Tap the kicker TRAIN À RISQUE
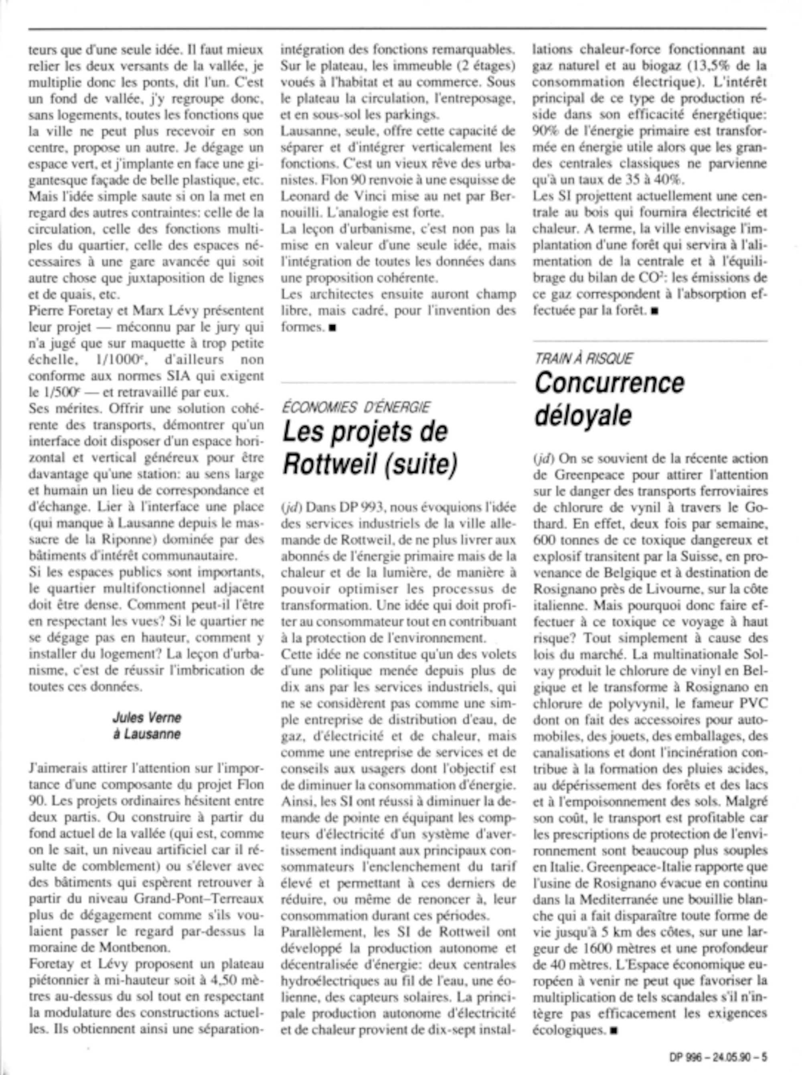(x=583, y=359)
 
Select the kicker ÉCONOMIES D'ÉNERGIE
(x=355, y=406)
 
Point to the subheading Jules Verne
(x=147, y=717)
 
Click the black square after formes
(x=332, y=328)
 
